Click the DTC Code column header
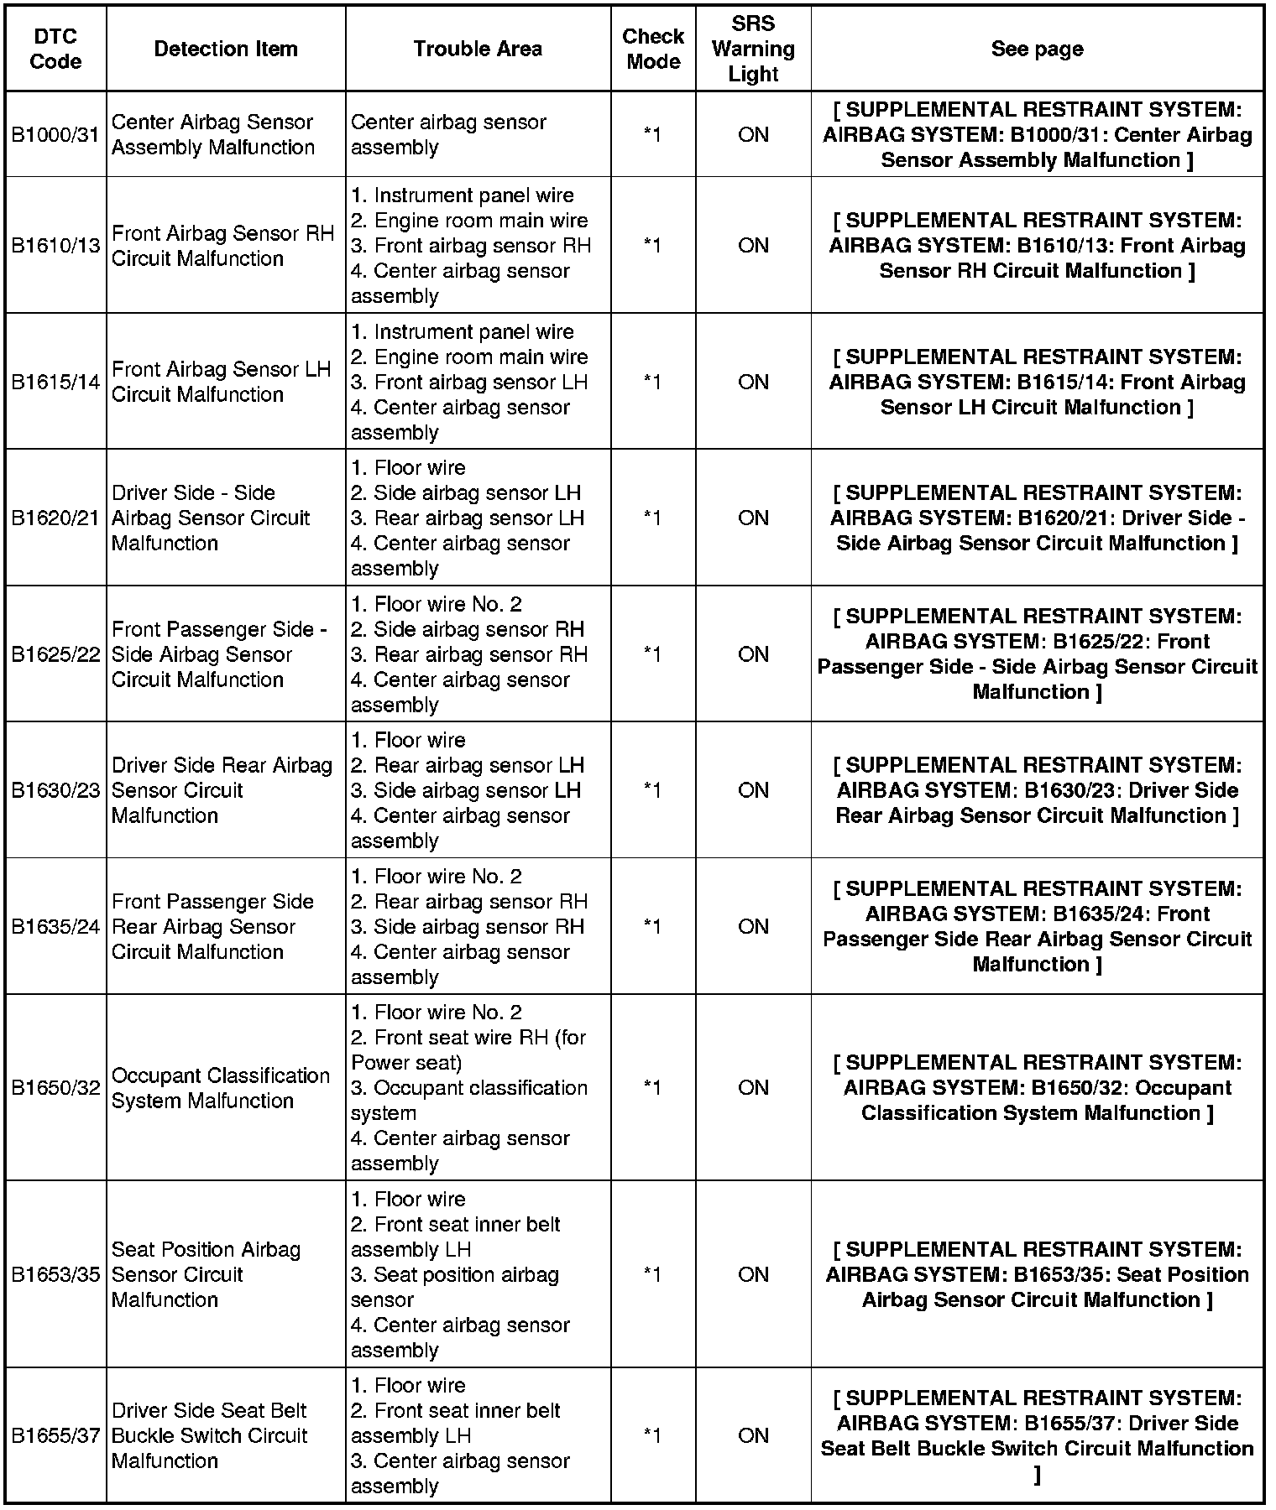tap(55, 49)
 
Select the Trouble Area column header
tap(478, 49)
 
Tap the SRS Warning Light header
tap(753, 49)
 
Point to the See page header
tap(1037, 49)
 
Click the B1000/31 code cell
tap(55, 134)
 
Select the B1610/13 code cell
tap(55, 245)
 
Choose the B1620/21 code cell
tap(55, 518)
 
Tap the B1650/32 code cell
tap(55, 1087)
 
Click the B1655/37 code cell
tap(55, 1435)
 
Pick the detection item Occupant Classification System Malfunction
tap(220, 1087)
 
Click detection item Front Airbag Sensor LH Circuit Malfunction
tap(221, 382)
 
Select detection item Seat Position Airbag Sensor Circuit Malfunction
tap(206, 1274)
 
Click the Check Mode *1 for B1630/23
tap(652, 790)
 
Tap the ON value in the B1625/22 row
tap(753, 654)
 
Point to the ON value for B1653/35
tap(753, 1274)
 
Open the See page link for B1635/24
tap(1037, 926)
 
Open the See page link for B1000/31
tap(1037, 134)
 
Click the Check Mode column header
tap(652, 49)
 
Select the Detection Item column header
tap(226, 49)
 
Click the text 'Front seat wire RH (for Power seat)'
tap(468, 1049)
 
